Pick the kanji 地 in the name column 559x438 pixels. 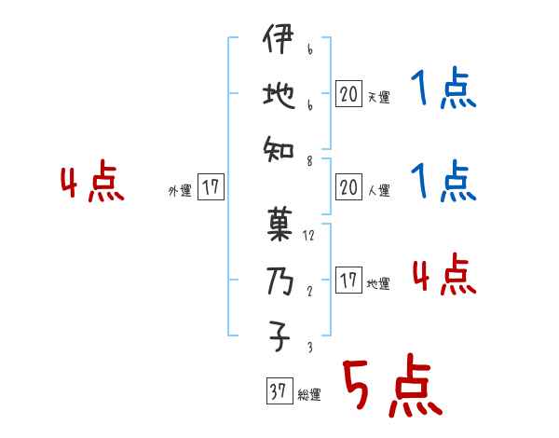[x=277, y=95]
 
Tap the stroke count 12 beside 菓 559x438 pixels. [x=309, y=236]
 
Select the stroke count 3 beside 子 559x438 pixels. [x=307, y=347]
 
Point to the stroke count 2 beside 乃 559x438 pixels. [x=307, y=291]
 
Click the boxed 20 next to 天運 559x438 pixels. [x=348, y=93]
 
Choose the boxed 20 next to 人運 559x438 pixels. [x=348, y=188]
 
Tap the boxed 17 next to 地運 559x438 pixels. [x=348, y=281]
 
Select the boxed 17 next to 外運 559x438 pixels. [x=211, y=188]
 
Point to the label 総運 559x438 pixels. [x=308, y=395]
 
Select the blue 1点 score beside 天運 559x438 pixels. [x=443, y=91]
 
